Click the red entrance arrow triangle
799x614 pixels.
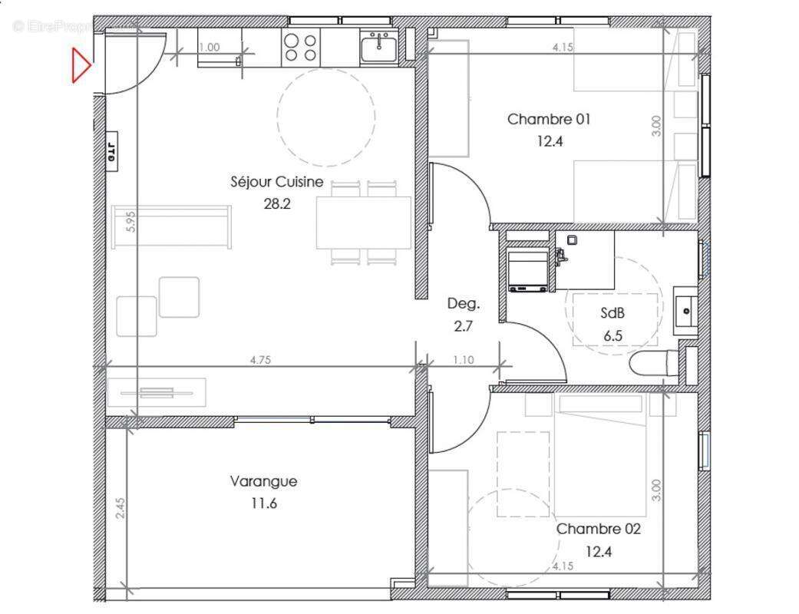(x=81, y=65)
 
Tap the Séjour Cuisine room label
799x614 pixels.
(x=276, y=182)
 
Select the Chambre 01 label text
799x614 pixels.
(x=549, y=119)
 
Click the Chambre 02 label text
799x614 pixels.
(x=598, y=529)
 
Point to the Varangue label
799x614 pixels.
(x=263, y=481)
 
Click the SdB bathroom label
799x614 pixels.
(x=612, y=312)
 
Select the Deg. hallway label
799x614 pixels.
(x=464, y=303)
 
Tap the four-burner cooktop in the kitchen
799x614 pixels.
(x=300, y=48)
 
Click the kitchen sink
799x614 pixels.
(x=378, y=48)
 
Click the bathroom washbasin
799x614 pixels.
(x=685, y=311)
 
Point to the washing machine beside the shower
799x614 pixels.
(x=527, y=269)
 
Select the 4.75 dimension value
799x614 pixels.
(x=262, y=359)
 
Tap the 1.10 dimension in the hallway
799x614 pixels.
(x=463, y=359)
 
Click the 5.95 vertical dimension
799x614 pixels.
(x=130, y=222)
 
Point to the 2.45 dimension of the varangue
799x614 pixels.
(x=121, y=508)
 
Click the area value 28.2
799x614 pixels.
(x=276, y=204)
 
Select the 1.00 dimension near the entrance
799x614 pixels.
(x=209, y=47)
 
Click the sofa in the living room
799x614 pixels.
(x=171, y=227)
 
